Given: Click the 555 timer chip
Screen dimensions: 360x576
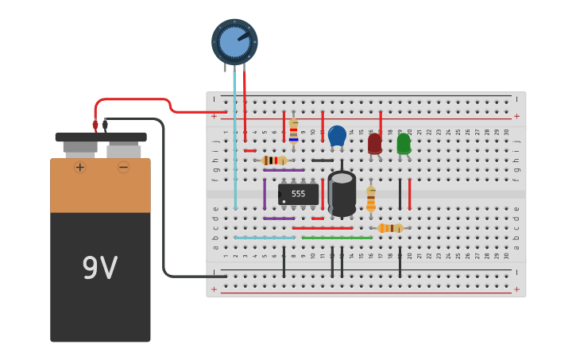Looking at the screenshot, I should click(x=299, y=194).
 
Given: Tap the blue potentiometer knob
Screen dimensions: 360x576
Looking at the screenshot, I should click(x=234, y=41).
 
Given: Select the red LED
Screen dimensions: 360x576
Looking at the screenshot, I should click(x=375, y=143).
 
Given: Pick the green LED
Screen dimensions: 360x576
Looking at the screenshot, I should click(x=404, y=143).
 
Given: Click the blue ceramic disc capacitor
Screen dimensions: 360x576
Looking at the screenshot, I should click(x=337, y=135).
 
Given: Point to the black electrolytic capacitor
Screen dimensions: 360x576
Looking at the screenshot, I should click(x=342, y=193).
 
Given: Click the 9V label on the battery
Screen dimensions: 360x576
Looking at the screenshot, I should click(x=100, y=268).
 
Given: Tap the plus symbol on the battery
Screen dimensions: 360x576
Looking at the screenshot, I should click(x=80, y=167).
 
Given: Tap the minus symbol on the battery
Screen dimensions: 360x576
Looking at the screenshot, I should click(x=123, y=167).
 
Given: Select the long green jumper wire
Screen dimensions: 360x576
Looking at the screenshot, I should click(x=337, y=238).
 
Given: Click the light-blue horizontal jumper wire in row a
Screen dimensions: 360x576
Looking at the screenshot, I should click(x=265, y=238).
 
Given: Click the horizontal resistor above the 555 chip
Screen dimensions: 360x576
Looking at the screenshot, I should click(x=274, y=161).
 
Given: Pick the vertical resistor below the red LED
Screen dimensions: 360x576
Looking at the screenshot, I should click(x=371, y=199).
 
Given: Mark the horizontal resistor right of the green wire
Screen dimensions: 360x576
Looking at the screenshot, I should click(x=390, y=228).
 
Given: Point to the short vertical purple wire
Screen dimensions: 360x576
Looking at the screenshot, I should click(x=265, y=194).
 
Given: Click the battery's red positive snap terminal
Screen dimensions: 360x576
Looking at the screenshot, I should click(x=95, y=125).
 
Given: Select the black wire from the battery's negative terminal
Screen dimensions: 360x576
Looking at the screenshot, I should click(x=164, y=199).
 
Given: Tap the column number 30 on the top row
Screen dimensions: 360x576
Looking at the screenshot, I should click(x=507, y=132).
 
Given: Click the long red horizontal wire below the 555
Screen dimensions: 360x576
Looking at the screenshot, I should click(x=323, y=228).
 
